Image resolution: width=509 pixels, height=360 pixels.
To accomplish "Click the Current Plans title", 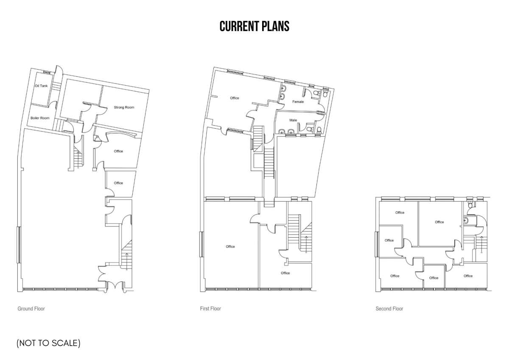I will click(x=254, y=26).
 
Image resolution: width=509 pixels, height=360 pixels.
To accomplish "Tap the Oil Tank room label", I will click(x=42, y=86).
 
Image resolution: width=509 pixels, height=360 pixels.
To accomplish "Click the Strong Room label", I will click(x=124, y=107).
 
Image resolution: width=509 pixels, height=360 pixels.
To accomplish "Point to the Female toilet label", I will click(x=298, y=102).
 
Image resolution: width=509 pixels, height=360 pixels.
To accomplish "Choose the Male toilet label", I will click(x=293, y=120).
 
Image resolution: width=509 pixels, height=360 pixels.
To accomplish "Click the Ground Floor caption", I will click(x=31, y=309).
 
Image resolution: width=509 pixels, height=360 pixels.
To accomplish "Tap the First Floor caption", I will click(x=210, y=309).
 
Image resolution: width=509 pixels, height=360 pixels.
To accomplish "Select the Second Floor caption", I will click(x=389, y=309).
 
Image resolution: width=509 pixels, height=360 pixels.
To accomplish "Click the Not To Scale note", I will click(x=48, y=343).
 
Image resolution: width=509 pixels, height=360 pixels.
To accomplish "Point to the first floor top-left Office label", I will click(x=235, y=98).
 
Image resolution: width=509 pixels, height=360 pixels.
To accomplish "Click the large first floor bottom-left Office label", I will click(x=230, y=247).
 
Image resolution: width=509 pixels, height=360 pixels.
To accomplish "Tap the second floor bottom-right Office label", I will click(x=468, y=276).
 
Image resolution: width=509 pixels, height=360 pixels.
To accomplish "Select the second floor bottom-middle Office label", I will click(x=433, y=278).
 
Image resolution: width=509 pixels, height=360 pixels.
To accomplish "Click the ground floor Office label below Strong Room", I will click(x=118, y=151).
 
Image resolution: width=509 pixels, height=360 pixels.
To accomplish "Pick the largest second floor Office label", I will click(x=439, y=222).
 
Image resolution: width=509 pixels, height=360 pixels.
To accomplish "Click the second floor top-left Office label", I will click(x=400, y=213).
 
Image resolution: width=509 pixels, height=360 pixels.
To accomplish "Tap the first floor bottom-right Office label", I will click(x=285, y=273).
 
